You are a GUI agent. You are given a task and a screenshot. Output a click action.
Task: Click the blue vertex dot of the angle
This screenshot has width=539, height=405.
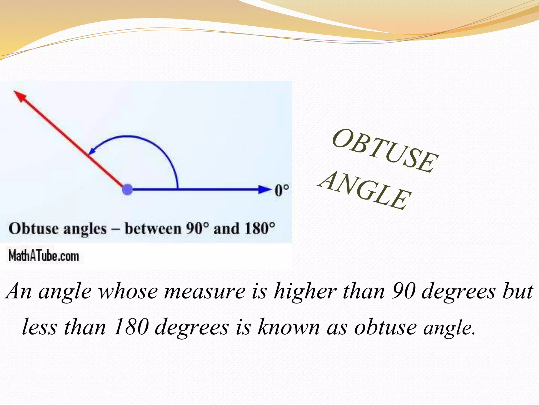[x=128, y=189]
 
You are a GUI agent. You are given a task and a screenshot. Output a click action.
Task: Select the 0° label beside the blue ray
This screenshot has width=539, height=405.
[x=282, y=190]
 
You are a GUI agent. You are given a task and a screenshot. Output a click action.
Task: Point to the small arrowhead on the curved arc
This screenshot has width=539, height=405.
[x=91, y=151]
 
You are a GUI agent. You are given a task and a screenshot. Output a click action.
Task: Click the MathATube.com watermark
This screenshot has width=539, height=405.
[x=44, y=256]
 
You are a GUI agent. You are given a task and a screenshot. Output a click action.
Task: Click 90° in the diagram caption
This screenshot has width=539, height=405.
[x=198, y=228]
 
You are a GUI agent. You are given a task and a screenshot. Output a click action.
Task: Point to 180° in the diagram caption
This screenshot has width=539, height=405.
[x=259, y=228]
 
